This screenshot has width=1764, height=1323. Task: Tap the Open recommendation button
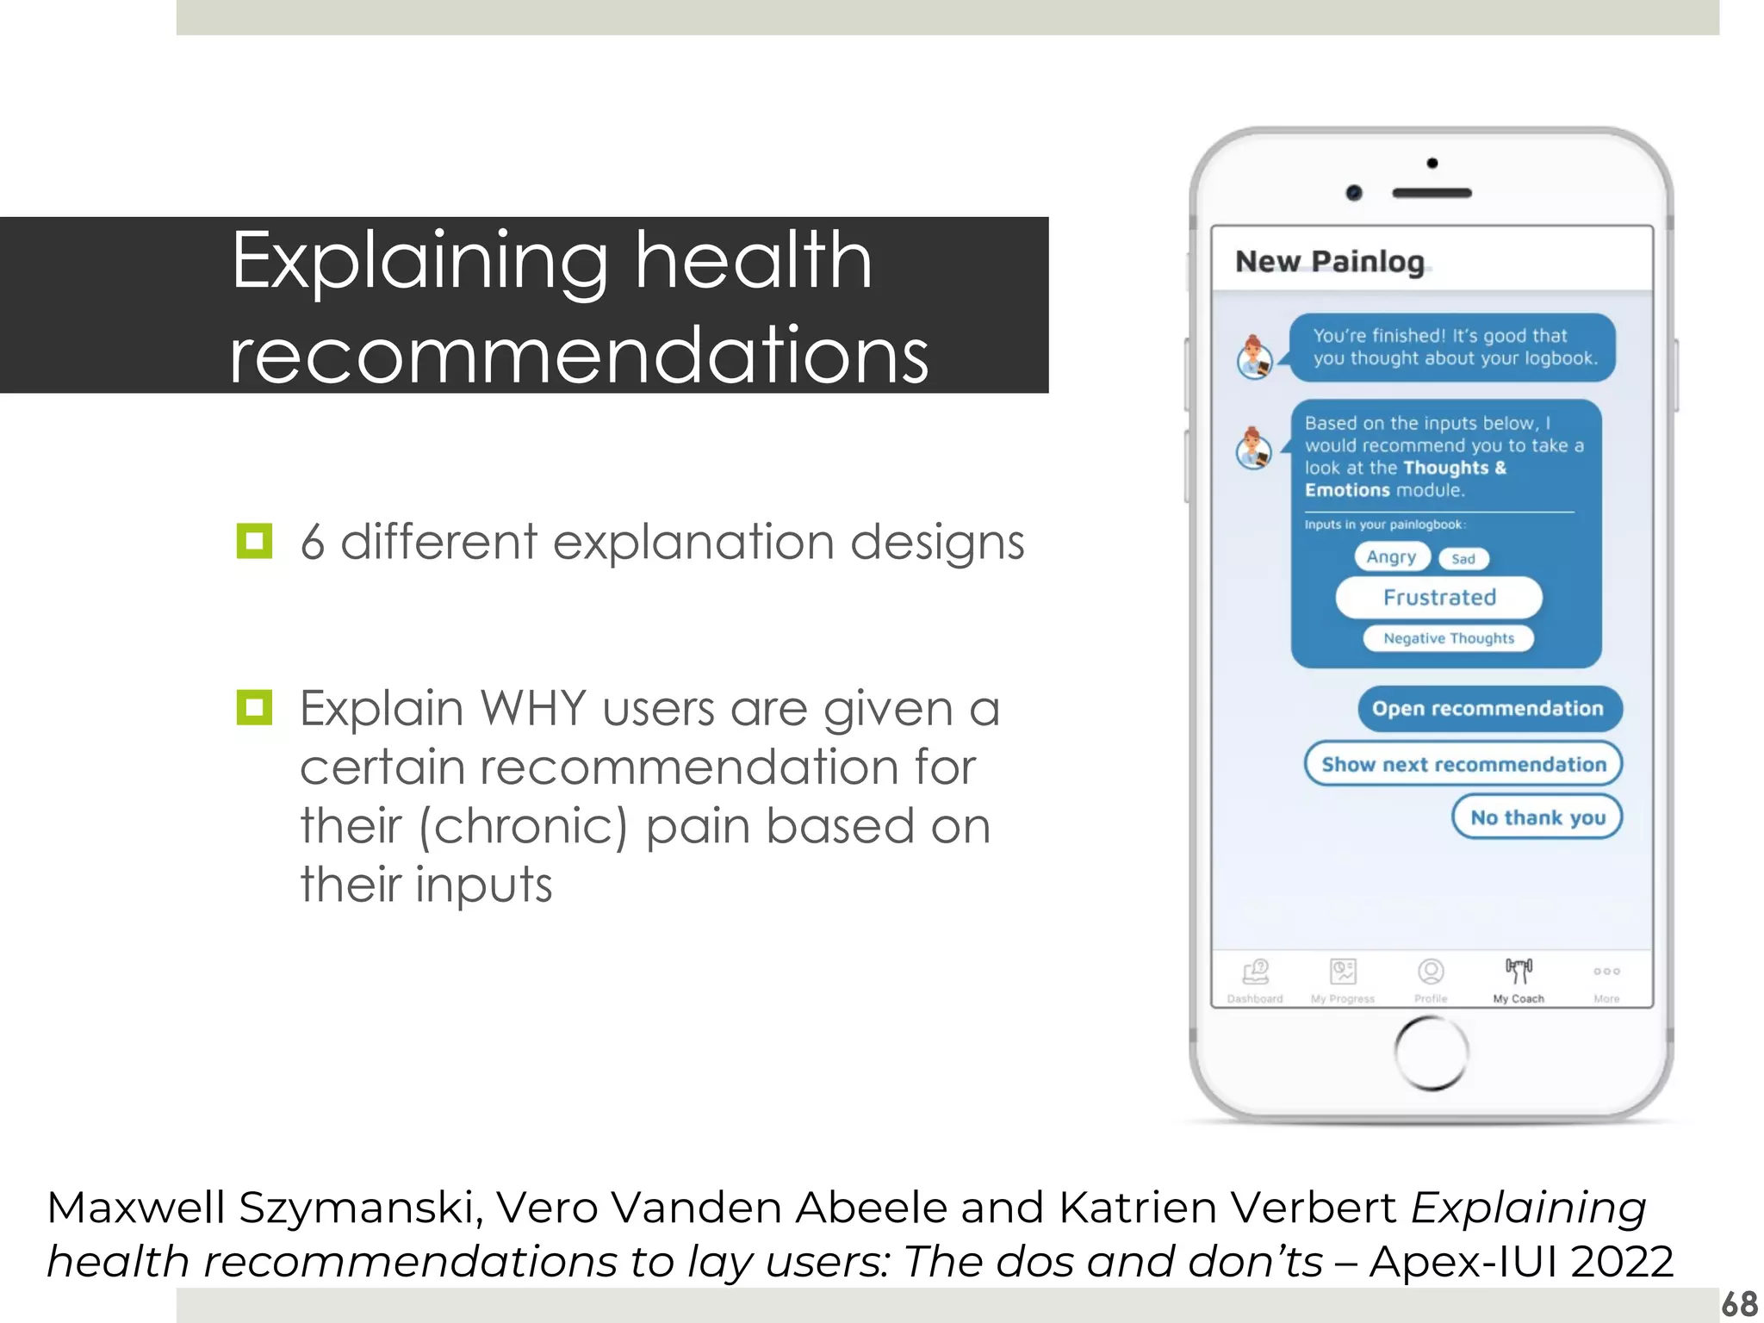click(x=1489, y=709)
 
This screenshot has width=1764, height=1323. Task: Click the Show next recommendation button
click(x=1463, y=764)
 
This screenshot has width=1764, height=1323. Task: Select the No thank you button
click(x=1537, y=817)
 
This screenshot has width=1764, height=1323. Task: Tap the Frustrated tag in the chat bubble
click(x=1438, y=598)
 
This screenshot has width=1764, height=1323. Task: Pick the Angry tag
click(x=1391, y=557)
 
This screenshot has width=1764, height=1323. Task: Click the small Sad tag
click(x=1463, y=559)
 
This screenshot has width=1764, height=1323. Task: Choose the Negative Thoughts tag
click(x=1448, y=638)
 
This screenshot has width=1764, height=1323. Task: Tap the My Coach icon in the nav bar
click(x=1519, y=972)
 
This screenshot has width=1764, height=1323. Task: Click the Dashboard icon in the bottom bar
click(x=1256, y=972)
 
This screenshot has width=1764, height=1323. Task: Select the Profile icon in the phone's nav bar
click(x=1431, y=972)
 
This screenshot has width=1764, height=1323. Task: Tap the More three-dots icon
click(x=1606, y=972)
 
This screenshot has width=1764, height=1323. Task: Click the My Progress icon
click(x=1343, y=972)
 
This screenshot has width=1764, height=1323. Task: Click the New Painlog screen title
click(x=1329, y=261)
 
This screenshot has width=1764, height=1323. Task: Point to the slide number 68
click(x=1739, y=1304)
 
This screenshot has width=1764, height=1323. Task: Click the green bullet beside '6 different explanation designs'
click(x=254, y=542)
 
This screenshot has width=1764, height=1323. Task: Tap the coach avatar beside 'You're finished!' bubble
click(x=1255, y=357)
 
